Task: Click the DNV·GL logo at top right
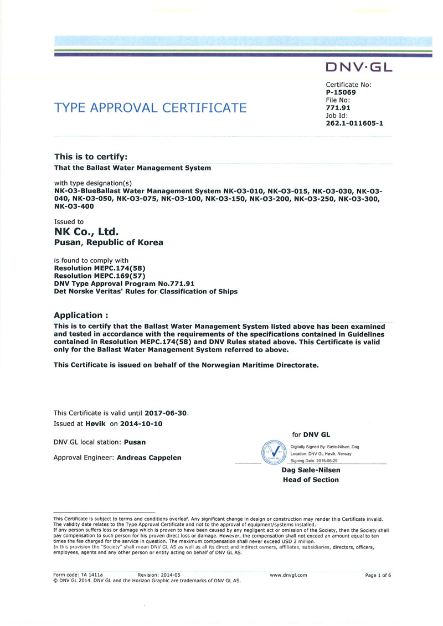coord(359,68)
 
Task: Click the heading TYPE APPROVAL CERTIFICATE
coord(150,107)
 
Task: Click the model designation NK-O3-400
coord(74,207)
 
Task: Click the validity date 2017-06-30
coord(166,413)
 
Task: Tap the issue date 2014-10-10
coord(142,423)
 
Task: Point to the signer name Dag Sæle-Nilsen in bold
coord(311,470)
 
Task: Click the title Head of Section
coord(311,480)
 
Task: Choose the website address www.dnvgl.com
coord(288,575)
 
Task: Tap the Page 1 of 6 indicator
coord(378,575)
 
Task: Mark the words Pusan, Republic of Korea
coord(109,242)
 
